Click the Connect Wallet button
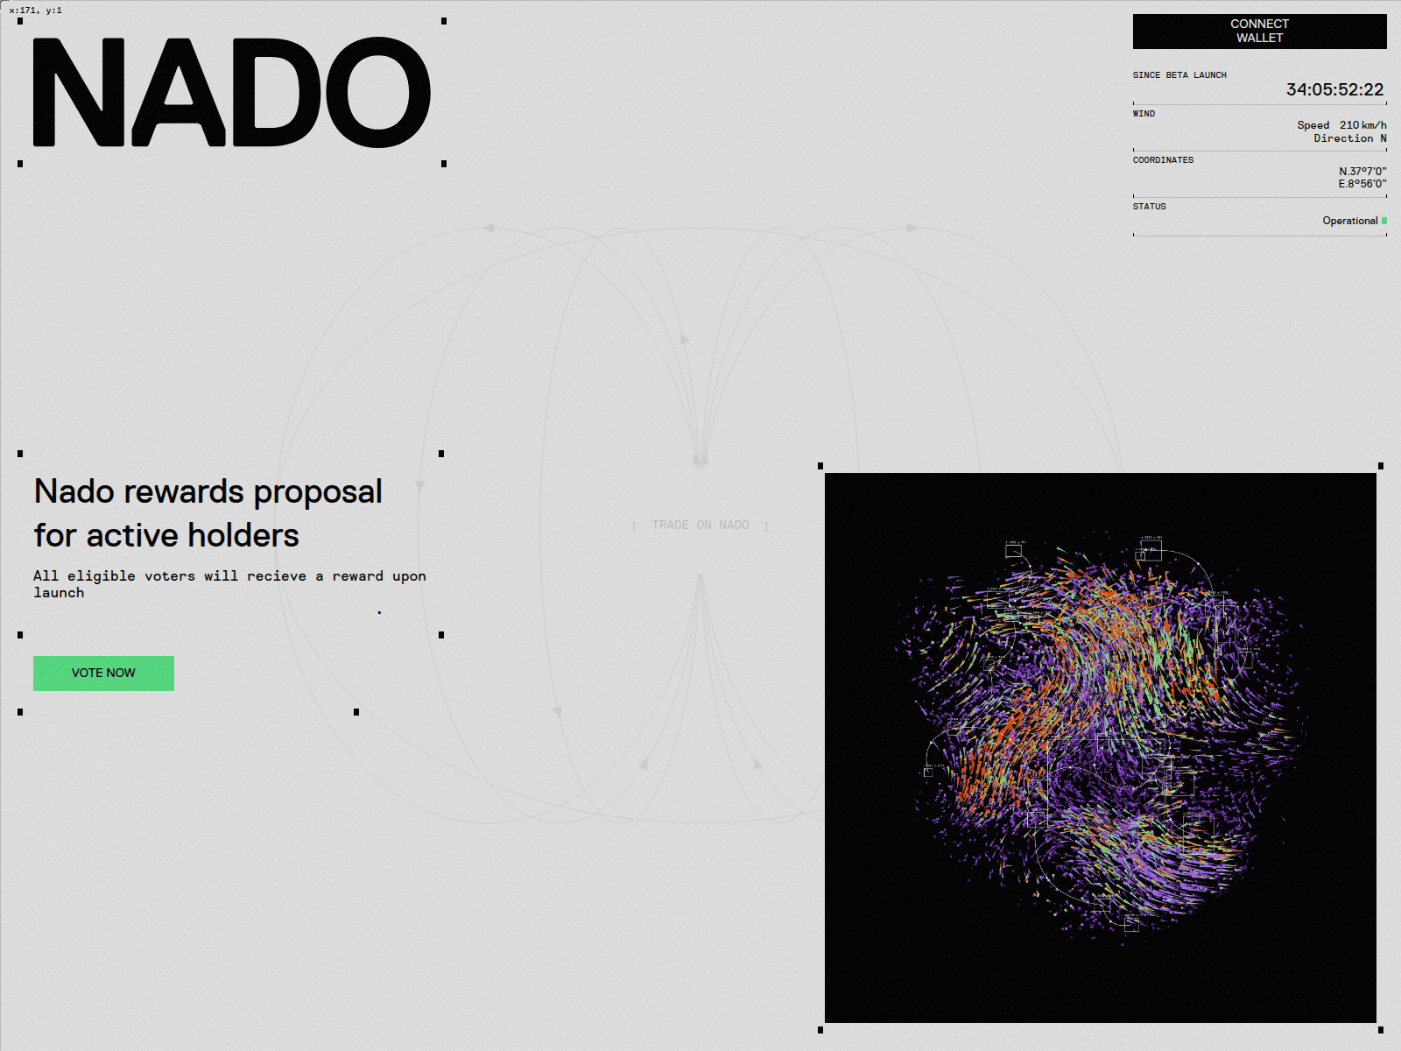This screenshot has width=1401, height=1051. click(1259, 32)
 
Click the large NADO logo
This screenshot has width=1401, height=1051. click(232, 92)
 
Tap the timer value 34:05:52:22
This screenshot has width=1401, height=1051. click(1334, 89)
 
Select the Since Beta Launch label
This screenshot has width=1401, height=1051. click(1179, 75)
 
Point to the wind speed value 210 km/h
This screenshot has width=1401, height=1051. click(1362, 125)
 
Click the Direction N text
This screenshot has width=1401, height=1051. click(1349, 138)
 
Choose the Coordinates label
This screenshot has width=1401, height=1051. click(1163, 160)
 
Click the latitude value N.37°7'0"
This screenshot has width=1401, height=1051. click(1362, 172)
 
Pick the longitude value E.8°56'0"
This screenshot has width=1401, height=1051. click(1362, 184)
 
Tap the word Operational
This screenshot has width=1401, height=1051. click(1349, 221)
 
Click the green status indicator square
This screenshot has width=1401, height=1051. click(1384, 221)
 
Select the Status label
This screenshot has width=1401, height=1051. click(1149, 207)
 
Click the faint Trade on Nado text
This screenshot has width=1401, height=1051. click(700, 525)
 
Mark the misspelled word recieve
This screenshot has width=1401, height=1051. click(277, 576)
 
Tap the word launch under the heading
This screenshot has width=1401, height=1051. click(59, 593)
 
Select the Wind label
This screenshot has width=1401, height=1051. click(1144, 114)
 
